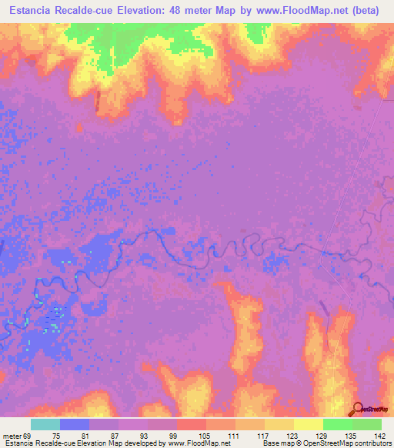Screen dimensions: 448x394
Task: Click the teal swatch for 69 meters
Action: coord(45,424)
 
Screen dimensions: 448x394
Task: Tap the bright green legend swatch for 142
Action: coord(366,424)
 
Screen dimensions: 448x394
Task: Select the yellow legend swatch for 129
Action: coord(308,424)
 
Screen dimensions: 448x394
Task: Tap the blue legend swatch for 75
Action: coord(74,424)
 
